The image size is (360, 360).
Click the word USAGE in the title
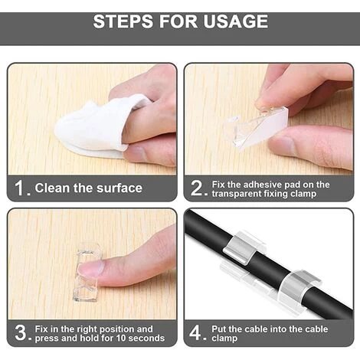tap(235, 21)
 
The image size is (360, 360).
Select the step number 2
tap(196, 188)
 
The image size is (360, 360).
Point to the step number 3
tap(21, 332)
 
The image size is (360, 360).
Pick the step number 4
tap(195, 332)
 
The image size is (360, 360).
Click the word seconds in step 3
tap(146, 338)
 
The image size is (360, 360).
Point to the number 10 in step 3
tap(122, 338)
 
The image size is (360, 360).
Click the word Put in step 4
tap(219, 329)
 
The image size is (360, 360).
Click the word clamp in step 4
tap(224, 339)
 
